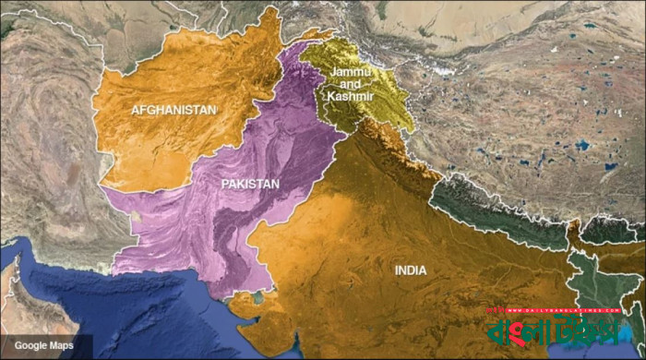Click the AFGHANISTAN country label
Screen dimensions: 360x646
click(173, 110)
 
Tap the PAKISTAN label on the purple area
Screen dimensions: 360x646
click(250, 185)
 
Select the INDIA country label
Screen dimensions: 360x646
click(411, 271)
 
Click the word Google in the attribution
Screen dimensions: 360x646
click(28, 345)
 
